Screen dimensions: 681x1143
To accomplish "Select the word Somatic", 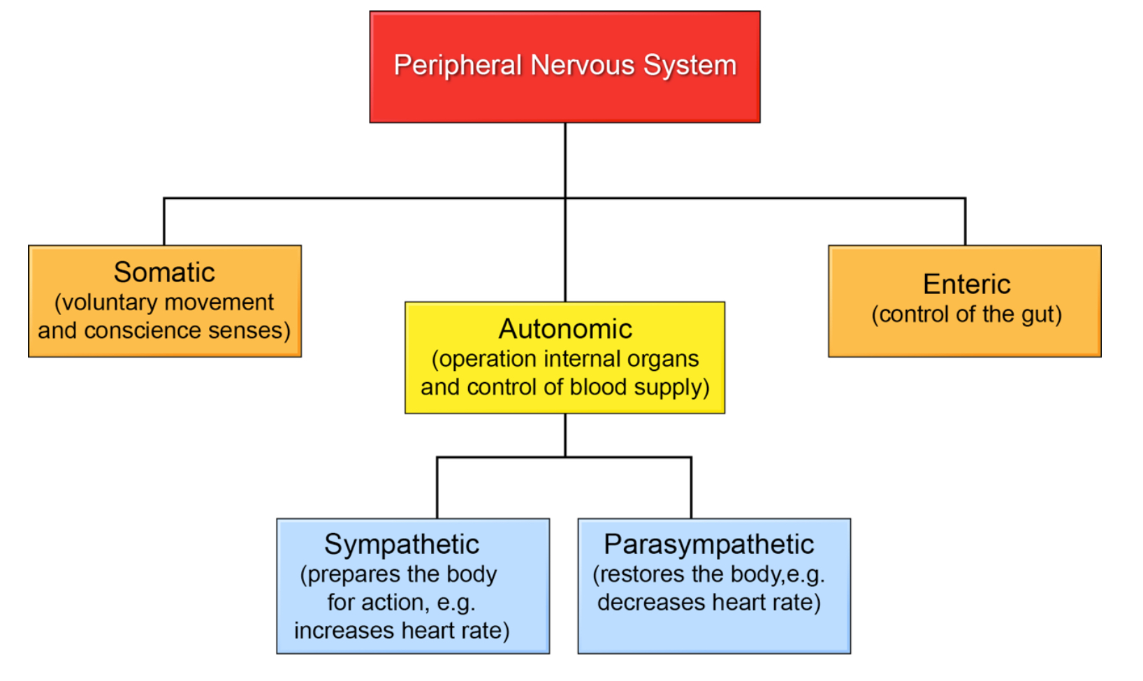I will (x=164, y=272).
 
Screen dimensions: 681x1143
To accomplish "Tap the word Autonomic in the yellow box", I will (x=565, y=329).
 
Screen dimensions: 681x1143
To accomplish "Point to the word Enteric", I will (x=966, y=284).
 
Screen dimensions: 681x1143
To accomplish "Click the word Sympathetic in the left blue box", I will (x=402, y=545).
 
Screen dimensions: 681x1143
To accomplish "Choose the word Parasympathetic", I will (x=709, y=545).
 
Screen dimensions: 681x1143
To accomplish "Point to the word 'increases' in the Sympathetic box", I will (x=335, y=631).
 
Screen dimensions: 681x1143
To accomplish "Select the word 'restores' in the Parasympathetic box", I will (x=643, y=574).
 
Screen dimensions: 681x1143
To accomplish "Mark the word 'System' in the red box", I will (x=690, y=66).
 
